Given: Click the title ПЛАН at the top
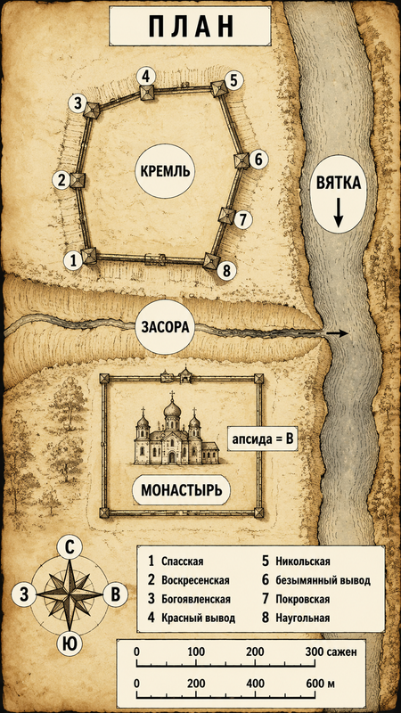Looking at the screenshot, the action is (x=191, y=27).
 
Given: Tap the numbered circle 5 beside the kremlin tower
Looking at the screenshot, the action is (x=233, y=80).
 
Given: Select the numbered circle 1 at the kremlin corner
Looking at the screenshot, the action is (x=73, y=260).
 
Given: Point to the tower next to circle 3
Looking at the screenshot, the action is (x=92, y=111).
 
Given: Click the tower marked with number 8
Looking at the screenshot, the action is (x=211, y=261).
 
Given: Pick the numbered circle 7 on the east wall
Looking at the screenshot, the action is (x=243, y=220).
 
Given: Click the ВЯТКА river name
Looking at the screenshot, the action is (x=339, y=183).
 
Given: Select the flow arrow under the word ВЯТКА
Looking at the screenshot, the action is (x=338, y=213).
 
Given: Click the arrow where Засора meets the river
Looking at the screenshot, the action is (x=338, y=333).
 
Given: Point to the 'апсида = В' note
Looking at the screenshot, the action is (x=262, y=439).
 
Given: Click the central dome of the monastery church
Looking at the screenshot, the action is (x=172, y=408).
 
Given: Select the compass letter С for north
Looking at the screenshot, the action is (x=70, y=548).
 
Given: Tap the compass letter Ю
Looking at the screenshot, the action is (x=70, y=644).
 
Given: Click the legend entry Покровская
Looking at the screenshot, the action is (x=302, y=599).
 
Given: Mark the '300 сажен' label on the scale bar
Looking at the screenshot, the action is (x=331, y=652).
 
